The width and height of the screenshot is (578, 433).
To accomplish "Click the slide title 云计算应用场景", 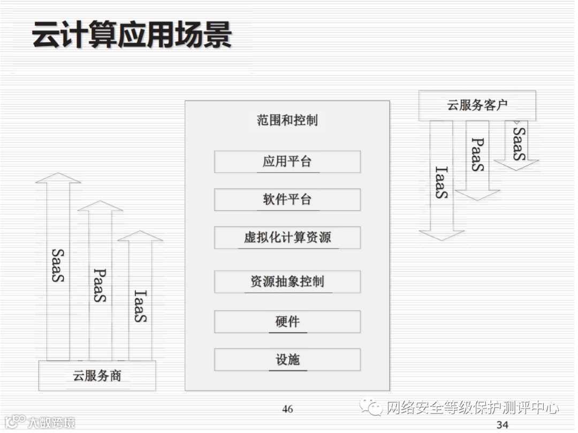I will [x=132, y=35].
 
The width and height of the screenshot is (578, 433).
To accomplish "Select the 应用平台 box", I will [x=287, y=162].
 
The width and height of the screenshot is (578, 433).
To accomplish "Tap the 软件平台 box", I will [x=287, y=200].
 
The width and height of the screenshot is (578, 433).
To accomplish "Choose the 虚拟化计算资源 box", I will [x=287, y=238].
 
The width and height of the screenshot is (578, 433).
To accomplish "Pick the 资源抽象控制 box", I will [x=287, y=282].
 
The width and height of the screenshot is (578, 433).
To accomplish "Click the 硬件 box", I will [x=287, y=322].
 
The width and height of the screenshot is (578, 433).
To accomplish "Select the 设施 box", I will [x=287, y=360].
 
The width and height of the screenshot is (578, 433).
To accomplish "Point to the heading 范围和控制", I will [x=287, y=120].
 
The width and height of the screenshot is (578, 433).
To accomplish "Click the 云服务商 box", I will [x=97, y=376].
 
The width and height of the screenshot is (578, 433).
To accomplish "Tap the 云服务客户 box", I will [x=477, y=105].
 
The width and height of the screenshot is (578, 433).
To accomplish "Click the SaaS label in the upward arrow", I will [x=58, y=265].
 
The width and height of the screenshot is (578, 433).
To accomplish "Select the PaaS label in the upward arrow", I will [x=100, y=285].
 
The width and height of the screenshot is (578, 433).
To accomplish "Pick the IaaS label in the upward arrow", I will [x=140, y=306].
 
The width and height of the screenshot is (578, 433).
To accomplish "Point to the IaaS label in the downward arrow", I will [x=442, y=183].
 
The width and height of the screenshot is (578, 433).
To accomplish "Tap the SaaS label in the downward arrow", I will [x=518, y=143].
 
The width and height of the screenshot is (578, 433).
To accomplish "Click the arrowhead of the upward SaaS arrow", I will [x=58, y=178].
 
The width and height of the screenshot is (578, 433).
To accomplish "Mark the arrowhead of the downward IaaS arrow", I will [x=442, y=235].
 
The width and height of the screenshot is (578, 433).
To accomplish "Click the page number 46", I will [x=287, y=409].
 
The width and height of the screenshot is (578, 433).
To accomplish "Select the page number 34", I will [x=502, y=425].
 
